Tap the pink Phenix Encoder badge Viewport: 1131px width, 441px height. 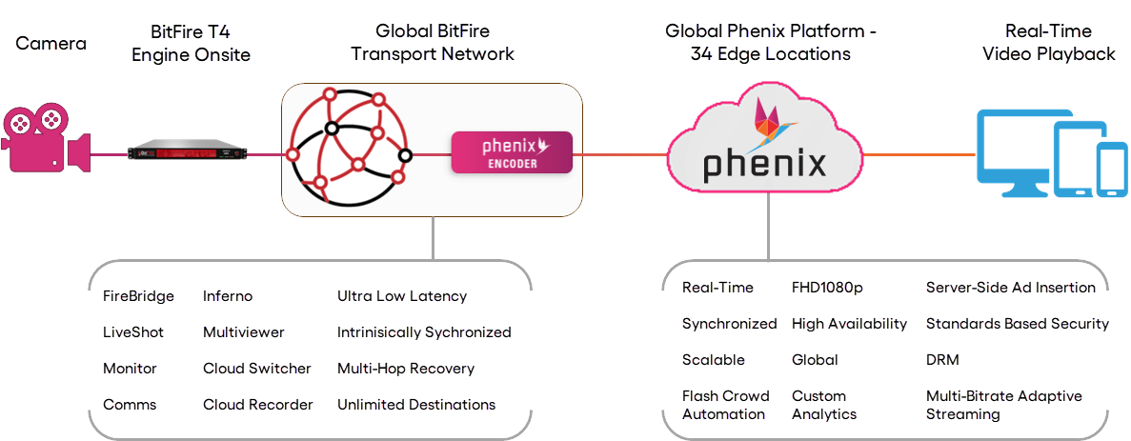click(x=512, y=153)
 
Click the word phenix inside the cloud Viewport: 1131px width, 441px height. click(x=764, y=163)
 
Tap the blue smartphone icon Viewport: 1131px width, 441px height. click(x=1110, y=170)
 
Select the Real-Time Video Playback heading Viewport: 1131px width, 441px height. click(x=1046, y=44)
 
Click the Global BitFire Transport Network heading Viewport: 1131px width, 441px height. click(x=434, y=44)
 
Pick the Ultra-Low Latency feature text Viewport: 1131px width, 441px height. click(x=401, y=296)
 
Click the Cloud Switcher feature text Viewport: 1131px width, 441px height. click(x=256, y=369)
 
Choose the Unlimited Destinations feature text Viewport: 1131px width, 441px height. click(x=415, y=405)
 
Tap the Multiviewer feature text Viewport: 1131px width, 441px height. click(x=242, y=332)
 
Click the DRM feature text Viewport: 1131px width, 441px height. click(x=940, y=360)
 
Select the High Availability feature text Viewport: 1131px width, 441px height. click(x=849, y=324)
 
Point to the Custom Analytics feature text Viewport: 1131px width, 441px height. click(x=823, y=405)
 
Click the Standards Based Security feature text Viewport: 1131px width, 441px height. click(x=1017, y=324)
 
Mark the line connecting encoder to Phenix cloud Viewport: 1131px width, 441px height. click(x=620, y=153)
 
